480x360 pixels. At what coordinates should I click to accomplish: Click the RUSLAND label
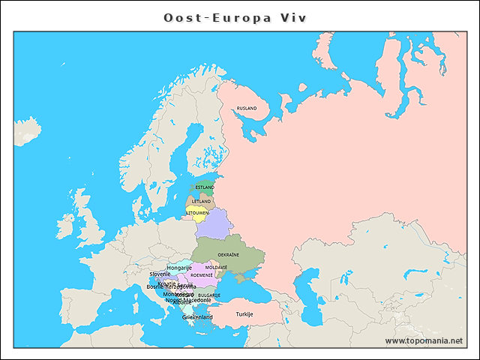247,108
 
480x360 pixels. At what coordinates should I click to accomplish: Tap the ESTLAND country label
205,187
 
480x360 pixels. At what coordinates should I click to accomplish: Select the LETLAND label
201,201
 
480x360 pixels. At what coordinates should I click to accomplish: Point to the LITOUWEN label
197,213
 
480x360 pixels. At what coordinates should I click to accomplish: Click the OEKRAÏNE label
228,254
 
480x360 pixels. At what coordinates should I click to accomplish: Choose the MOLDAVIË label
217,267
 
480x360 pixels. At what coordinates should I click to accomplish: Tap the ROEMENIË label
202,275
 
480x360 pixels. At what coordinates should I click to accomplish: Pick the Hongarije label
179,268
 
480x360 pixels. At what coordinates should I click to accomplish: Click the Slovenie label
160,274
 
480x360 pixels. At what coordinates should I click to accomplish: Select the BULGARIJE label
209,295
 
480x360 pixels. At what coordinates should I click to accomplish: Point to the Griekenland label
197,317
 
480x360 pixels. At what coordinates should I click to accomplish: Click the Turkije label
244,313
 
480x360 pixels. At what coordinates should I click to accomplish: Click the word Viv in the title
293,16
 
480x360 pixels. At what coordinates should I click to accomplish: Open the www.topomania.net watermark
424,340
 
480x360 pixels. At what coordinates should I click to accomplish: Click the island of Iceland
27,130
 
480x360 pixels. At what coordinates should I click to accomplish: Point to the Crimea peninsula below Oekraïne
244,277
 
